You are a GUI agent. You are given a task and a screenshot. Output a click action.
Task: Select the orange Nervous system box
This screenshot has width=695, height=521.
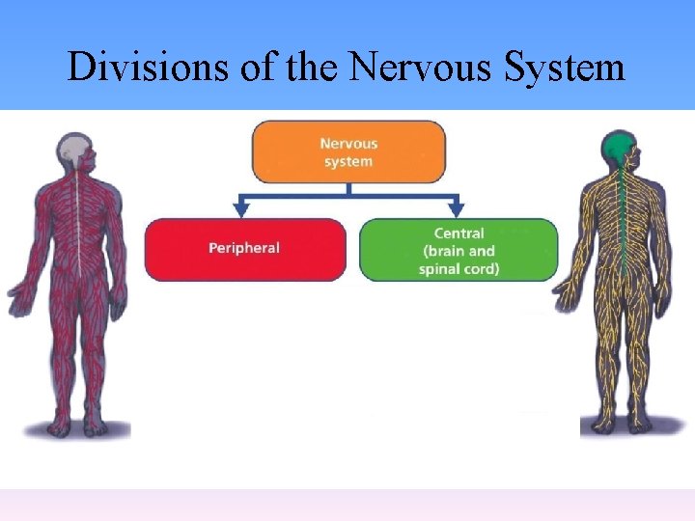(x=348, y=151)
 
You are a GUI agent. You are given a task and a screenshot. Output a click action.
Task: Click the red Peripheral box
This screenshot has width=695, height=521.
(x=244, y=249)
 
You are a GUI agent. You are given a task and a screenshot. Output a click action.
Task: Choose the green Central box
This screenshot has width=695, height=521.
(x=459, y=250)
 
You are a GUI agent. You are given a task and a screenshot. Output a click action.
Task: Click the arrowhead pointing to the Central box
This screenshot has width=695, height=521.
(x=456, y=207)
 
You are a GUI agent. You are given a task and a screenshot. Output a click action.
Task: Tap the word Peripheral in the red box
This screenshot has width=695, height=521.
(x=244, y=248)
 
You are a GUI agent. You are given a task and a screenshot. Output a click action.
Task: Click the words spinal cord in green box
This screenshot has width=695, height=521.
(x=459, y=269)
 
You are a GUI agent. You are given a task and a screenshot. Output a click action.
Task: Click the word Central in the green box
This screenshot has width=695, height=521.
(x=459, y=233)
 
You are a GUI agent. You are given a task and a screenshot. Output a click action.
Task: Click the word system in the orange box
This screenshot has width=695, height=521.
(x=348, y=161)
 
